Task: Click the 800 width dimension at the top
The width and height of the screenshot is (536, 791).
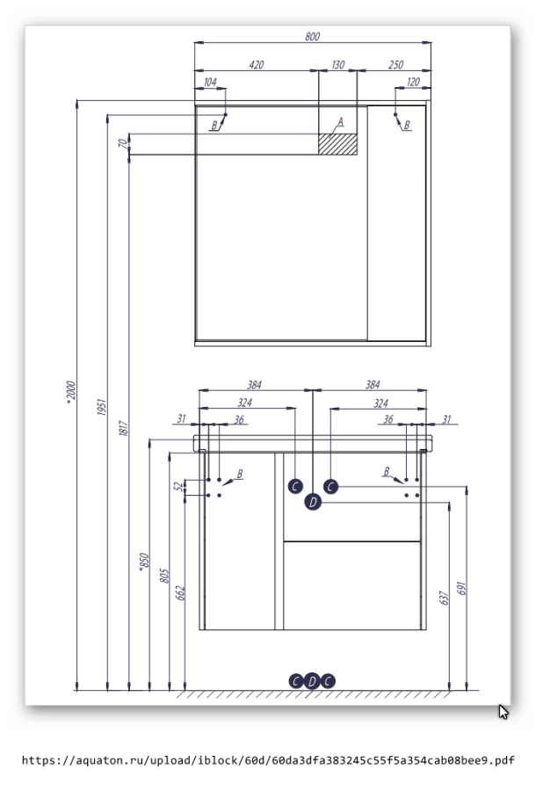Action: [x=313, y=36]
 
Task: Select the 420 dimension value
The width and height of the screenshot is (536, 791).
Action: [x=257, y=65]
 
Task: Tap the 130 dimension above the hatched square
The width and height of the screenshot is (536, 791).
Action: [x=338, y=65]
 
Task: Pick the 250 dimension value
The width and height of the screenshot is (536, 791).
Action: [x=395, y=65]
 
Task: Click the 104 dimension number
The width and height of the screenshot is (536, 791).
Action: [x=209, y=83]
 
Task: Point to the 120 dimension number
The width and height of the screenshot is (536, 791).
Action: [x=413, y=83]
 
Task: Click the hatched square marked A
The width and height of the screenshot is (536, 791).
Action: [x=338, y=143]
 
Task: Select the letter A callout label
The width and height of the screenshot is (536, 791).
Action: [x=341, y=121]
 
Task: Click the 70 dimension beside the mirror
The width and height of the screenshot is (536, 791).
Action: [x=123, y=143]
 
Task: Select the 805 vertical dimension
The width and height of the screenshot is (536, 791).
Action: [x=163, y=577]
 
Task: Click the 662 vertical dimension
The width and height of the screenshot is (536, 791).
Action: [x=180, y=592]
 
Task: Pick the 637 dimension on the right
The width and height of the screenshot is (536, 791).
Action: [x=445, y=598]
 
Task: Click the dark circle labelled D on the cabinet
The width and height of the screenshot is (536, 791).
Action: [x=313, y=503]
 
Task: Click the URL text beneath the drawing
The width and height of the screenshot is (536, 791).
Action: [x=268, y=760]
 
